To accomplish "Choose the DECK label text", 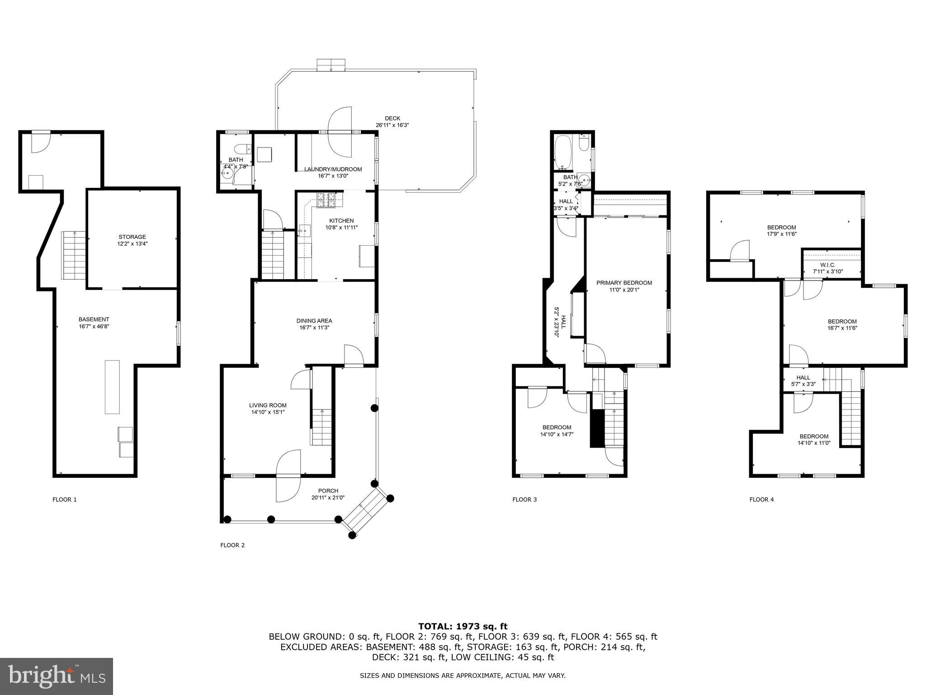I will pyautogui.click(x=392, y=119).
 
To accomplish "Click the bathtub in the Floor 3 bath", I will pyautogui.click(x=563, y=152).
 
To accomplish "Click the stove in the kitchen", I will pyautogui.click(x=326, y=200).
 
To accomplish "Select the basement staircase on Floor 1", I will pyautogui.click(x=73, y=255).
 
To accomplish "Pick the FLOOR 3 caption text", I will pyautogui.click(x=524, y=500).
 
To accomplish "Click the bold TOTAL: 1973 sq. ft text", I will pyautogui.click(x=463, y=626).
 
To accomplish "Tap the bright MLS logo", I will pyautogui.click(x=57, y=676).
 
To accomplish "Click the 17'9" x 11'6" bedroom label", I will pyautogui.click(x=781, y=231).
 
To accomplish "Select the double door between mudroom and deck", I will pyautogui.click(x=340, y=132).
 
